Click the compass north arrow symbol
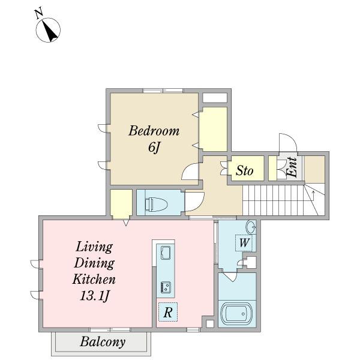click(x=48, y=30)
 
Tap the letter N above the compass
click(x=39, y=13)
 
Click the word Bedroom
click(x=154, y=131)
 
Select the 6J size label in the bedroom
click(x=154, y=147)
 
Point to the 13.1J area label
click(x=94, y=296)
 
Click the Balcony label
click(x=103, y=342)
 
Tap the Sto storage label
click(x=245, y=170)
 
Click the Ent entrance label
click(x=292, y=167)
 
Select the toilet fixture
click(x=157, y=203)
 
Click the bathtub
click(x=236, y=313)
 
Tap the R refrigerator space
click(x=168, y=312)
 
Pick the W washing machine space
click(x=244, y=242)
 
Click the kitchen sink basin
click(x=166, y=253)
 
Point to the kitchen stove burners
click(x=166, y=287)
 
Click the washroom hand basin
click(x=251, y=227)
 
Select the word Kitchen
click(x=94, y=280)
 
